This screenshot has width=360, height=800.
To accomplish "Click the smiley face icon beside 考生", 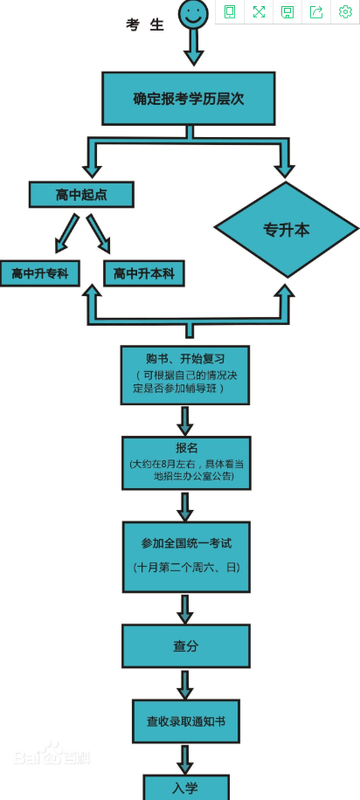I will point(193,13).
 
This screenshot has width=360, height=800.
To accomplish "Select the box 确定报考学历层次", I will point(188,99).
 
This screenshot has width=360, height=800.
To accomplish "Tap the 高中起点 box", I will point(81,195).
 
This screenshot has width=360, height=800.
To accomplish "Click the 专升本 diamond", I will point(287,230).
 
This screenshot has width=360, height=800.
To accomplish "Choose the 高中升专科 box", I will point(40,273).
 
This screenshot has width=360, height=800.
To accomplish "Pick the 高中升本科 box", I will point(144,273).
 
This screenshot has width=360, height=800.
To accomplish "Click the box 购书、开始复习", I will point(184,375).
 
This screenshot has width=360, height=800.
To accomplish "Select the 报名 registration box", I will point(186,463).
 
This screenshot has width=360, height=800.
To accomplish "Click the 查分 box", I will point(186,646).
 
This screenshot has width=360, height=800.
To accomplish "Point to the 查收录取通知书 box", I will point(186,721).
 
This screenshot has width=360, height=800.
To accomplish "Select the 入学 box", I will point(186,787).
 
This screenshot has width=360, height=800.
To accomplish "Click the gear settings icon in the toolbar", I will point(345,11).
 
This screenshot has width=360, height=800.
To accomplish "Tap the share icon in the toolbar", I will point(316,11).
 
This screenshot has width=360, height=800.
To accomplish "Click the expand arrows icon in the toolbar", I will point(259,11).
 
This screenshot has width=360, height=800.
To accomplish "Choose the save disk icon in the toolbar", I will point(287,11).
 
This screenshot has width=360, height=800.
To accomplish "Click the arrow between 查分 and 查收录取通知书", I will point(185,684).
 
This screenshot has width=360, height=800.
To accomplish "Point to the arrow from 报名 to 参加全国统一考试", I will point(185,506).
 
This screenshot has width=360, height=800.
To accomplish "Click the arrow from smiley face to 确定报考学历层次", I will point(193,49).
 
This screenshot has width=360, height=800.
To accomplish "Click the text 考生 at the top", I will point(145,24).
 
